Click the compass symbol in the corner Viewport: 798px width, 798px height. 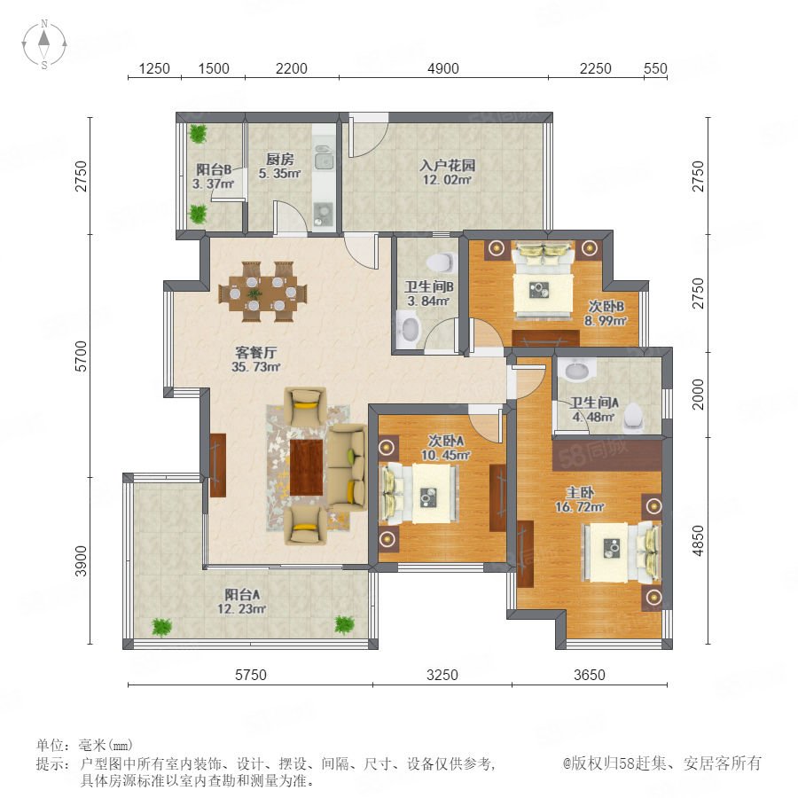44,44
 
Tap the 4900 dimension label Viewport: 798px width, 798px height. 442,68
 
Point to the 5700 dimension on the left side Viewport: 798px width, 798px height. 81,356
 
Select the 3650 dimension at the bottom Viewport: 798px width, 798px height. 590,675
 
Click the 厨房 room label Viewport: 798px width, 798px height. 280,160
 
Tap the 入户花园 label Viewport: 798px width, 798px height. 448,165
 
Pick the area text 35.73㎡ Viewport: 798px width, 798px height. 256,367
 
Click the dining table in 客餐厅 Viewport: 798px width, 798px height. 262,292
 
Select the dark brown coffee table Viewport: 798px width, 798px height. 307,467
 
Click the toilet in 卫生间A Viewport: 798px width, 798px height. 634,415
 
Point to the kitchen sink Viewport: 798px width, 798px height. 323,158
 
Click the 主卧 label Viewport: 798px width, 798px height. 580,492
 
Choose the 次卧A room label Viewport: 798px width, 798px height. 446,440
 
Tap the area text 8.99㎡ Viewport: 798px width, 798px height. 605,321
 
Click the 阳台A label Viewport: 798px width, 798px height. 243,594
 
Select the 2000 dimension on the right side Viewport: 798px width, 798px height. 698,395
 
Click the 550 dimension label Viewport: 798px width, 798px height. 655,68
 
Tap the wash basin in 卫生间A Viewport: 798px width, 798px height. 576,369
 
